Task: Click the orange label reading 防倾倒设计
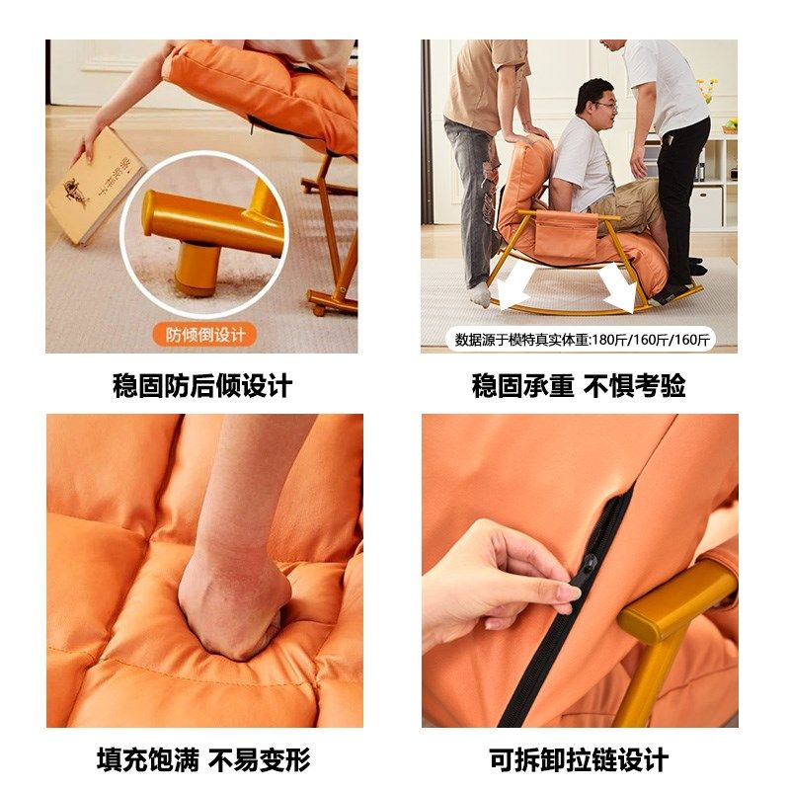(203, 334)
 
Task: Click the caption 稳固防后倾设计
(202, 385)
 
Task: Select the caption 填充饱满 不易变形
(203, 759)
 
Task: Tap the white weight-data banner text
(582, 340)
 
